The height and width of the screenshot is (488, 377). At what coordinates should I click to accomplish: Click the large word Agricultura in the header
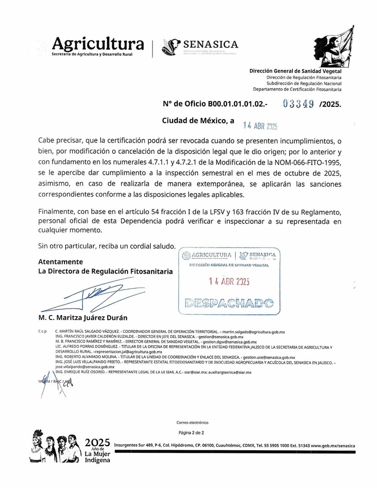98,44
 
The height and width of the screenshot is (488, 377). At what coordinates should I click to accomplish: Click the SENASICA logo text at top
211,44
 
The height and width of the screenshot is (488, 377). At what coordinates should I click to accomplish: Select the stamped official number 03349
298,104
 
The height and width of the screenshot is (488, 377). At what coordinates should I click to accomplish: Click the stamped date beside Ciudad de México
261,125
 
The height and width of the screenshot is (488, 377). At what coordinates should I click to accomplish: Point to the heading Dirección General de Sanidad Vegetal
295,71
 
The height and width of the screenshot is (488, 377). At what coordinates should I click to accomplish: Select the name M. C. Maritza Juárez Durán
83,318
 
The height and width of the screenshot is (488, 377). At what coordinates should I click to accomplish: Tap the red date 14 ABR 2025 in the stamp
229,281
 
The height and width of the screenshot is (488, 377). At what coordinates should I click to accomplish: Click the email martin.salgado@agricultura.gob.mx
256,331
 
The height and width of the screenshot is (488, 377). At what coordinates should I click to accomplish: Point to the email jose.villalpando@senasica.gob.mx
85,367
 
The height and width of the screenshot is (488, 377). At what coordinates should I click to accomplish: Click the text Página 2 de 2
191,432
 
